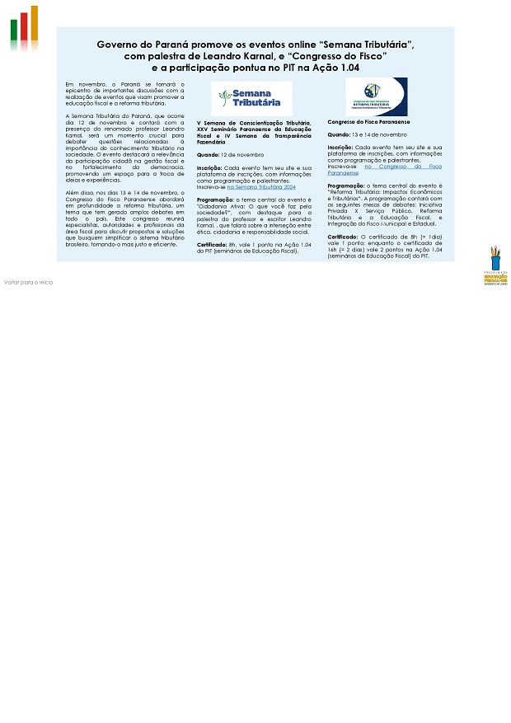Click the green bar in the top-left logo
pyautogui.click(x=14, y=31)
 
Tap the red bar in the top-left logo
pyautogui.click(x=23, y=26)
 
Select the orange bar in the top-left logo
pyautogui.click(x=34, y=22)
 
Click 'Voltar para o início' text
pyautogui.click(x=28, y=282)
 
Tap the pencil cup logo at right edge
pyautogui.click(x=495, y=265)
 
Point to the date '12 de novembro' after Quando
pyautogui.click(x=241, y=154)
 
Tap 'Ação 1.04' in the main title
pyautogui.click(x=335, y=68)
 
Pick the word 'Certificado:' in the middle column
pyautogui.click(x=212, y=245)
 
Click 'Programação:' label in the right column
pyautogui.click(x=345, y=186)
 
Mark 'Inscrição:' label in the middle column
pyautogui.click(x=209, y=167)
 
